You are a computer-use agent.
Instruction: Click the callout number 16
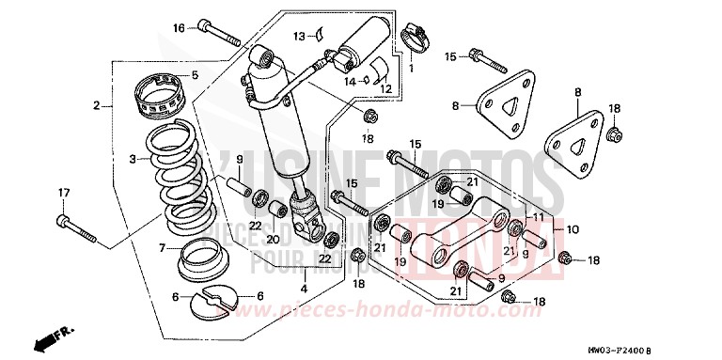179,29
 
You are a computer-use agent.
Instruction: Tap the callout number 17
64,194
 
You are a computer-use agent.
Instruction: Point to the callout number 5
196,75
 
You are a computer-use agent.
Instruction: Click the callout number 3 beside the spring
133,160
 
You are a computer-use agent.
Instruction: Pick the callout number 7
162,248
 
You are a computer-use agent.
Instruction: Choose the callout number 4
303,288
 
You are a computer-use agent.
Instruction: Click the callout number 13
298,36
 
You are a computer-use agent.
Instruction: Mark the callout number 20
274,239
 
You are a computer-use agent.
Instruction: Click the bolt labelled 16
220,36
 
